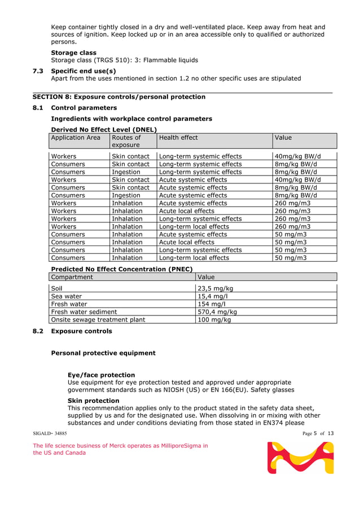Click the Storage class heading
(x=73, y=52)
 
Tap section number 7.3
(x=38, y=71)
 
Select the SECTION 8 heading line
(x=118, y=97)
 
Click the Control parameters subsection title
(x=84, y=108)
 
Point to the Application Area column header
(x=76, y=138)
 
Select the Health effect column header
(x=179, y=138)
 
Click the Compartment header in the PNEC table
(x=72, y=277)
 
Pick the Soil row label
(x=56, y=288)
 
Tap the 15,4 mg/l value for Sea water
(x=212, y=296)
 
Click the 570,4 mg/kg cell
(x=217, y=311)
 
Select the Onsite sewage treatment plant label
(x=98, y=319)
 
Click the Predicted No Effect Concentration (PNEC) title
(x=122, y=269)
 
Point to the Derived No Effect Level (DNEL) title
(x=103, y=130)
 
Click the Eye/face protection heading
(x=101, y=375)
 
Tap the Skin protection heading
(x=93, y=401)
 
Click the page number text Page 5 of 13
(x=318, y=433)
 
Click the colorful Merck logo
(x=300, y=458)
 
